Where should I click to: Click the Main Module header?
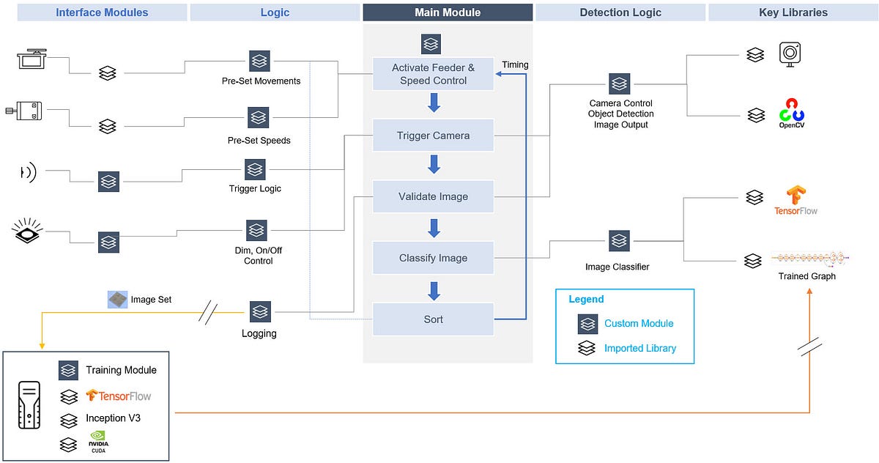(448, 12)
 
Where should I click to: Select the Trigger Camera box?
(433, 136)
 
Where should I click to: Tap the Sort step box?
(433, 319)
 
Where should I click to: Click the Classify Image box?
(433, 258)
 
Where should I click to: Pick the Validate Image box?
(433, 196)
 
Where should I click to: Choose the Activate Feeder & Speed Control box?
(433, 74)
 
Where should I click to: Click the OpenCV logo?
(791, 114)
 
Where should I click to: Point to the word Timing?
(515, 64)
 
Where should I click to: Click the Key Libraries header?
(793, 12)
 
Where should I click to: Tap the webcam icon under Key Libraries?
(790, 53)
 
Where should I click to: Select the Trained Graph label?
(806, 276)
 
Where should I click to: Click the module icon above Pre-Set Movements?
(258, 61)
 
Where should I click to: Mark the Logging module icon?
(259, 312)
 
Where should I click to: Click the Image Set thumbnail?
(117, 299)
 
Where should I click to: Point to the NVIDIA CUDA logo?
(98, 442)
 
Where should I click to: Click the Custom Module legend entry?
(639, 323)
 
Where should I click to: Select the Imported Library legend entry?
(639, 348)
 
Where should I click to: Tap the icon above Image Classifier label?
(619, 240)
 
